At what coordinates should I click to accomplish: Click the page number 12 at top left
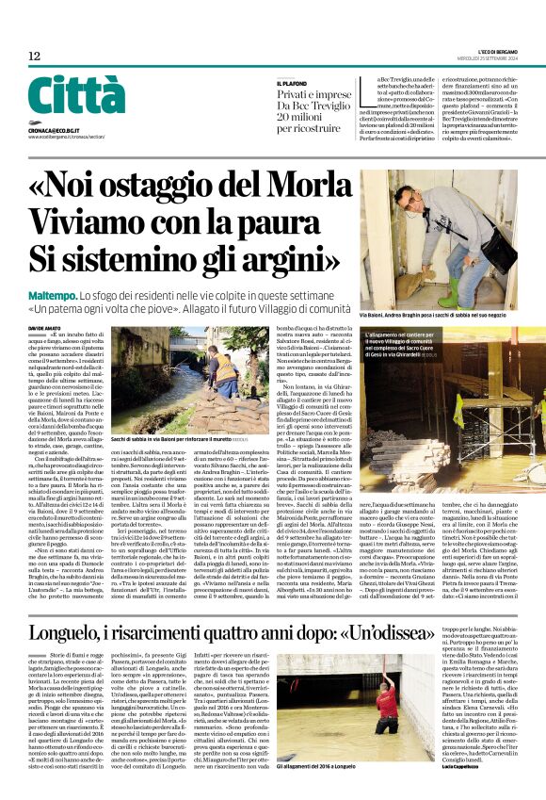[34, 57]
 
